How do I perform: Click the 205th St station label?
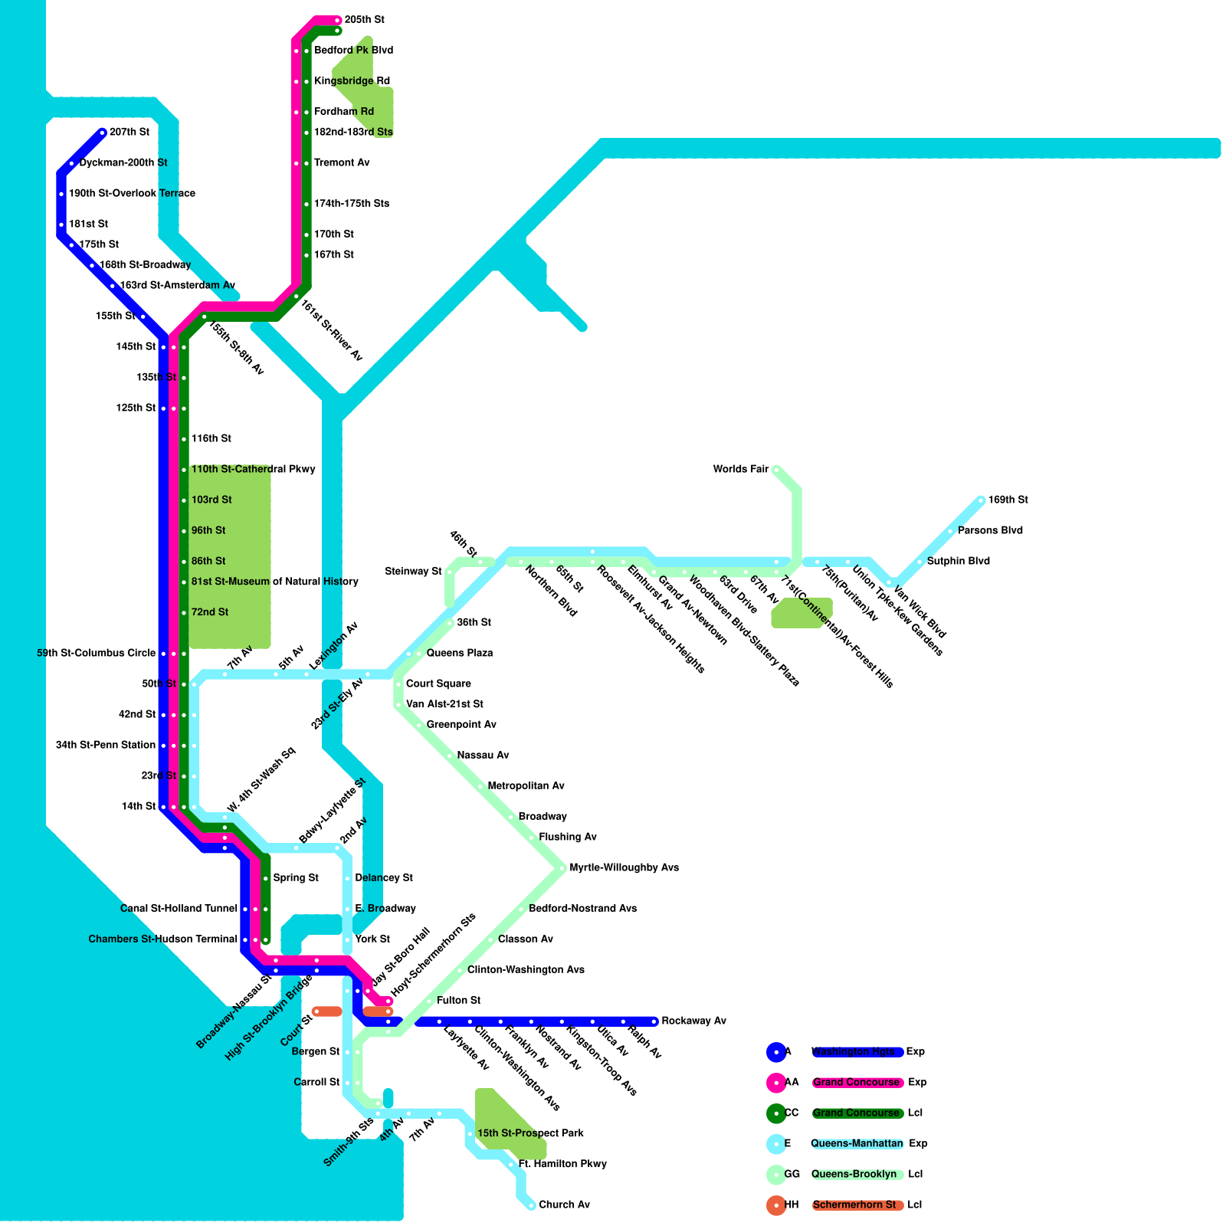[x=364, y=20]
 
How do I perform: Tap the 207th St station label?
[x=129, y=133]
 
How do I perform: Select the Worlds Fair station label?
[x=740, y=470]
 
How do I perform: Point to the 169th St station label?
[x=1008, y=500]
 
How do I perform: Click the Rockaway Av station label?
[x=693, y=1021]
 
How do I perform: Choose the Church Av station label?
[x=564, y=1205]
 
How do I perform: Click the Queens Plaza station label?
[x=459, y=654]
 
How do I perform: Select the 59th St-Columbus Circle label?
[x=96, y=654]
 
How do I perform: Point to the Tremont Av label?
[x=342, y=163]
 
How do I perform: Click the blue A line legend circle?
[x=776, y=1052]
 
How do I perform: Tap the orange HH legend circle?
[x=776, y=1205]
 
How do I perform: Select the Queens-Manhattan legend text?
[x=857, y=1144]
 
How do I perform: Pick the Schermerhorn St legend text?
[x=854, y=1205]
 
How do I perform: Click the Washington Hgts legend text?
[x=853, y=1052]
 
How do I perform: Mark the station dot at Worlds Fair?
[x=776, y=470]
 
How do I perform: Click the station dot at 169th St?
[x=982, y=500]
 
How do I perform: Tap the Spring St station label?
[x=296, y=878]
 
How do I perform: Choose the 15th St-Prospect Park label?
[x=530, y=1133]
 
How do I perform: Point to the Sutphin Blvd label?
[x=958, y=562]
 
